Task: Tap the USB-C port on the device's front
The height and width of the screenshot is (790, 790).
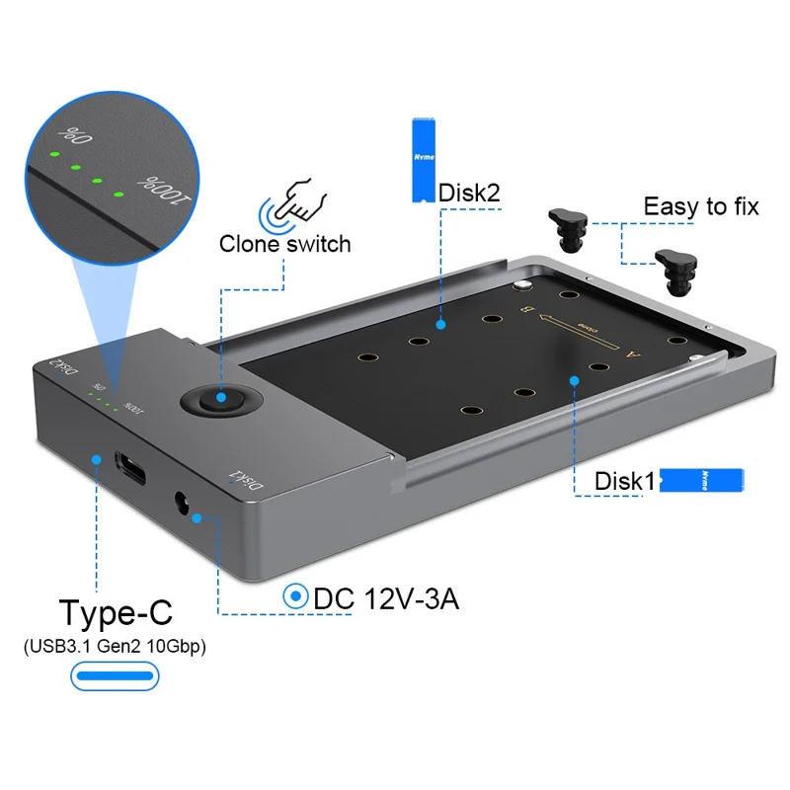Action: [x=132, y=466]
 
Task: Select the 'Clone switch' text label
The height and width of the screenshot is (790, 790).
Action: [x=284, y=243]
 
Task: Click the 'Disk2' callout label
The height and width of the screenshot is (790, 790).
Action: [x=467, y=193]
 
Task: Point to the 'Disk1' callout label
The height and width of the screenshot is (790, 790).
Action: [x=624, y=481]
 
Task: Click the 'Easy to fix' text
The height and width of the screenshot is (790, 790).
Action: [x=700, y=206]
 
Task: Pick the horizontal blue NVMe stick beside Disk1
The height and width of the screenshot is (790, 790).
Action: [x=700, y=480]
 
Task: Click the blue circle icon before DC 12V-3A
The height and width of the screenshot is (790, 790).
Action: [x=294, y=597]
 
